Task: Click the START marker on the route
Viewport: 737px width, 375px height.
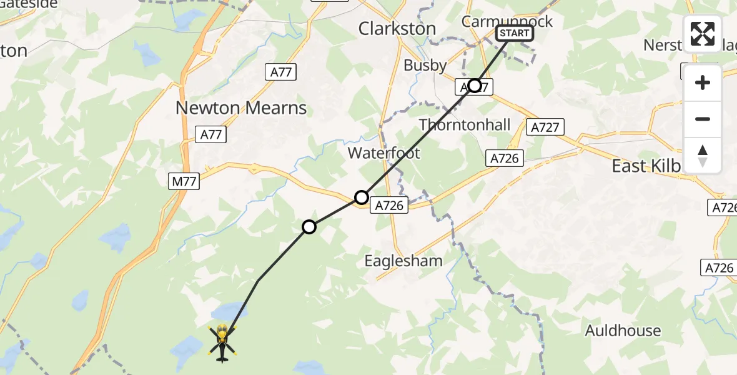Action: pos(515,33)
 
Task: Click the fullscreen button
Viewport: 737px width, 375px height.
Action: pos(703,34)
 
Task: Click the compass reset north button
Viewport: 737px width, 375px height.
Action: pos(703,156)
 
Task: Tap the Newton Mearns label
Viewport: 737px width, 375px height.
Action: pos(241,108)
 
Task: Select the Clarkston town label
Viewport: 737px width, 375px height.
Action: pos(397,29)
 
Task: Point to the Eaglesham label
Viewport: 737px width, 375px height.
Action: pos(403,261)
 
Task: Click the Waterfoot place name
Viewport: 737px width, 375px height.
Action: pos(383,152)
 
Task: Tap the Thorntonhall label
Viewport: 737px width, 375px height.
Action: pos(465,125)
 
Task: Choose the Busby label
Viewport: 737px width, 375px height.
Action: pos(425,65)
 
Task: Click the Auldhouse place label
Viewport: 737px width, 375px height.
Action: pos(623,331)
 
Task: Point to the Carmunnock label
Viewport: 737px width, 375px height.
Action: pos(507,21)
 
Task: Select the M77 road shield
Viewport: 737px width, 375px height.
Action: pos(184,182)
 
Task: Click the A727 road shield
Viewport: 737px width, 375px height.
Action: pos(545,127)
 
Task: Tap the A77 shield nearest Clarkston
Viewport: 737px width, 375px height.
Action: pos(282,72)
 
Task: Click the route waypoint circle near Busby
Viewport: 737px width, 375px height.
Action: pos(475,86)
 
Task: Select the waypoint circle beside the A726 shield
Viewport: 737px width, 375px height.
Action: pos(362,198)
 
